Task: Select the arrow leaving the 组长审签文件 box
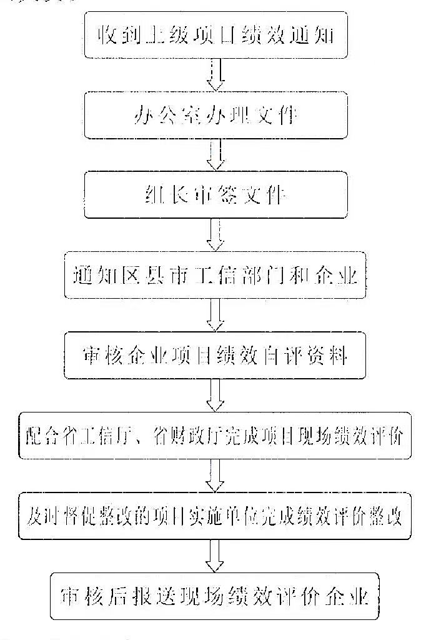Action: (216, 236)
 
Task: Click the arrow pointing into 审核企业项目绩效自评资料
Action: (216, 316)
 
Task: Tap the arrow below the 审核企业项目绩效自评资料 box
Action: (216, 396)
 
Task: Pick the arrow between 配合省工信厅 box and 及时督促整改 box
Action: (216, 476)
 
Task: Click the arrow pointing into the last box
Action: (216, 556)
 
